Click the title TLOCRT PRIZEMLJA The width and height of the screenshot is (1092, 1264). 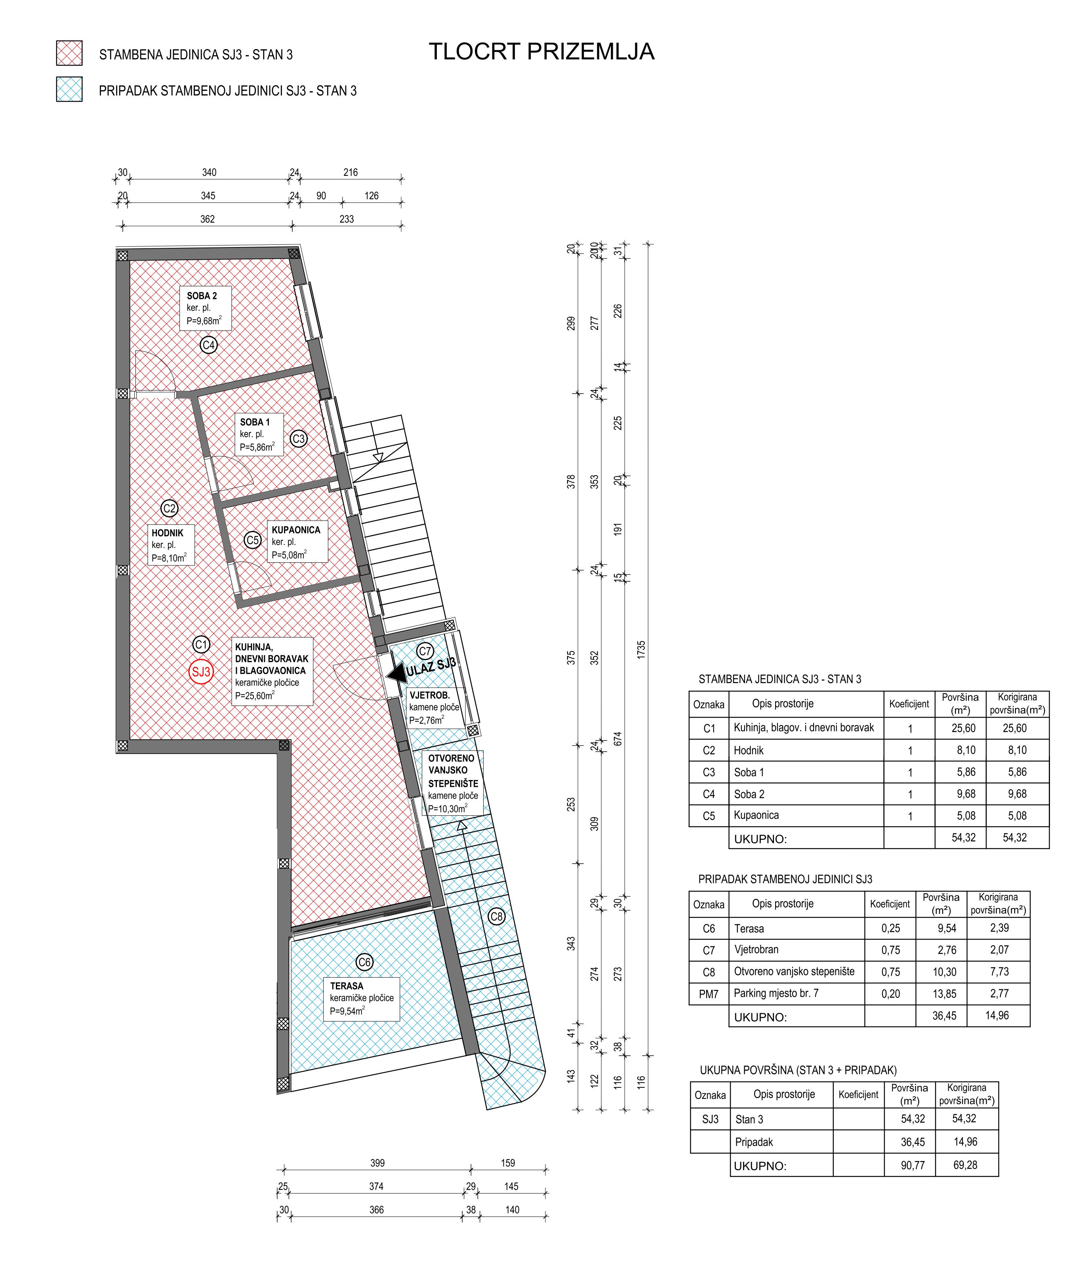pyautogui.click(x=542, y=52)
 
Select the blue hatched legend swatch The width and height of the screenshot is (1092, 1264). pyautogui.click(x=69, y=89)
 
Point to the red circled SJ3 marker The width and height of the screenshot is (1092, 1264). pyautogui.click(x=201, y=672)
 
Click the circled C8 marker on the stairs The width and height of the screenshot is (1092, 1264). pyautogui.click(x=497, y=917)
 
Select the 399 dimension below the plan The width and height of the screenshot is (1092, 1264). pyautogui.click(x=377, y=1163)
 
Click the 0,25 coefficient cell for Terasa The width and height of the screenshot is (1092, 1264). pyautogui.click(x=891, y=929)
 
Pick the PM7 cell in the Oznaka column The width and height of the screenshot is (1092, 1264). pyautogui.click(x=709, y=994)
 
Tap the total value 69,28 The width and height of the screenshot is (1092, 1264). pyautogui.click(x=965, y=1165)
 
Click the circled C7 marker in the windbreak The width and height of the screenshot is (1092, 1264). pyautogui.click(x=425, y=651)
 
